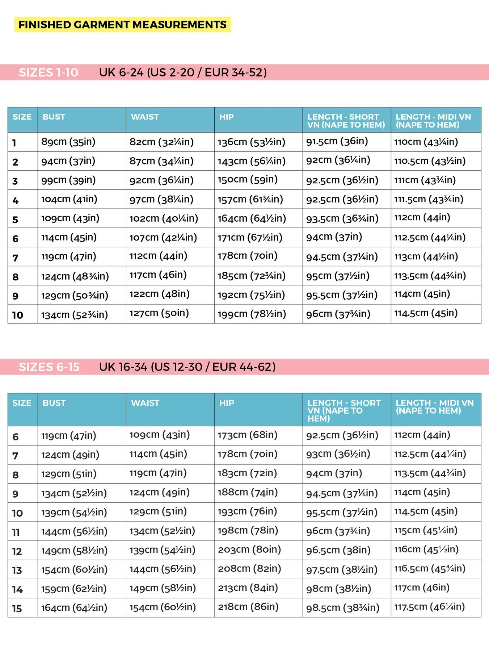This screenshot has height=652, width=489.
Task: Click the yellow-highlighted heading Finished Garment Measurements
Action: click(x=122, y=25)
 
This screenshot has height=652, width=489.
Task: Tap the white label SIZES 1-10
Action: click(x=49, y=72)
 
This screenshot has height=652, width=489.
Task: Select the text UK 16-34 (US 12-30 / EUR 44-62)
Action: click(x=187, y=367)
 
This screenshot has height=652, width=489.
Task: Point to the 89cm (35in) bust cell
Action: click(x=68, y=142)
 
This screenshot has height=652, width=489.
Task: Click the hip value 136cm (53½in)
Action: click(x=252, y=142)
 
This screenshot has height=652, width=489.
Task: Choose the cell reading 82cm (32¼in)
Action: click(x=161, y=142)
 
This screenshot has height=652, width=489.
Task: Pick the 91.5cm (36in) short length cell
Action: click(x=337, y=141)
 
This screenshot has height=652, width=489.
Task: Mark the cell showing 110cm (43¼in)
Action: click(x=426, y=142)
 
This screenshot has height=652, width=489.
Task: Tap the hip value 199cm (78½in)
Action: click(x=252, y=314)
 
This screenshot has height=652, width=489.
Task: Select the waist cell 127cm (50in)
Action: click(x=159, y=313)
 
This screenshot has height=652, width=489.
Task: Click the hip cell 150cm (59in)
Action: click(x=248, y=180)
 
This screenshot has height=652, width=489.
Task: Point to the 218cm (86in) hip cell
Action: click(x=248, y=607)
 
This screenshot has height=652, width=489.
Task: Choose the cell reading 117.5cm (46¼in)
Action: click(x=429, y=607)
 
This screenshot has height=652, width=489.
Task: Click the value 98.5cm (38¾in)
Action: click(x=343, y=607)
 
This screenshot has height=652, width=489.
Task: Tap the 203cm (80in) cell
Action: click(x=249, y=549)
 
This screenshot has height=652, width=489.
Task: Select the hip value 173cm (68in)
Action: click(x=248, y=435)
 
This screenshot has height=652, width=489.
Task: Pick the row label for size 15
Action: click(x=17, y=609)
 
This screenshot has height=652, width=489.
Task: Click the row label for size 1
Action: click(x=14, y=143)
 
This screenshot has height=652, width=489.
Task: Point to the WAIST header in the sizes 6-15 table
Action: click(x=145, y=403)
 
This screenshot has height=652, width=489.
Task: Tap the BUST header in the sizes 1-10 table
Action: click(x=54, y=117)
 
